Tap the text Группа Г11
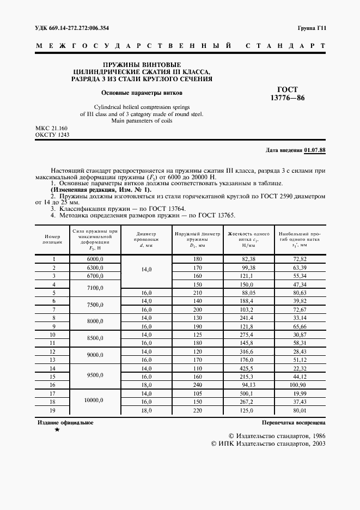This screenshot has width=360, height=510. (312, 27)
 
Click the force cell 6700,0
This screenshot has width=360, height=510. (95, 276)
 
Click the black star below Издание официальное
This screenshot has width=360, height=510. (57, 430)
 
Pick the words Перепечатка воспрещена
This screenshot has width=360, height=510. (294, 422)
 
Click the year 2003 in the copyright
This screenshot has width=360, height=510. (316, 444)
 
